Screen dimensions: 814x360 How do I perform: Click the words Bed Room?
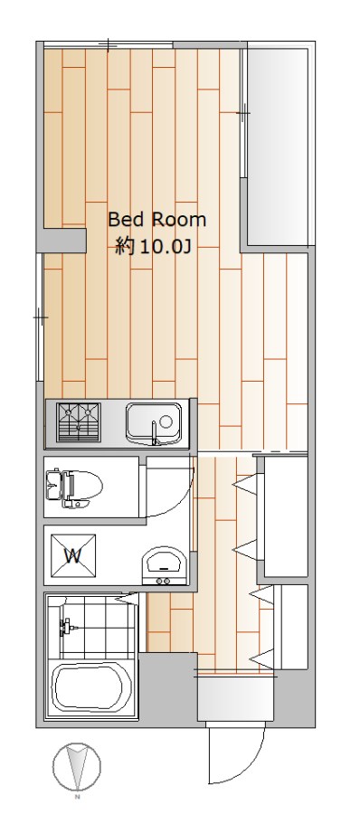[156, 219]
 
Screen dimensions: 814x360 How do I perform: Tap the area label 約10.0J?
[152, 245]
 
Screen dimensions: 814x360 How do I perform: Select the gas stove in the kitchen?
[79, 422]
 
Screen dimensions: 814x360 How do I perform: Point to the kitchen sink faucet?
[156, 437]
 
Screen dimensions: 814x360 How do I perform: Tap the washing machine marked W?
[73, 554]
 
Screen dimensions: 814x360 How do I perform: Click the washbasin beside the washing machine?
[164, 563]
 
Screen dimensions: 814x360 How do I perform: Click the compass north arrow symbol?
[75, 765]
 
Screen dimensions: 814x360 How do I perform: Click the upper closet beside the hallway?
[284, 517]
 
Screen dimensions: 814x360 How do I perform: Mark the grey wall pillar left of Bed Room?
[64, 241]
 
